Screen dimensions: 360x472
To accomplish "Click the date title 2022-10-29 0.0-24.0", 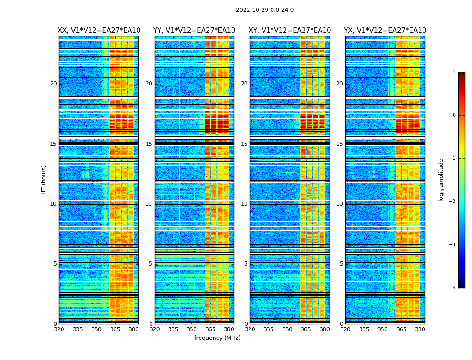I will pos(264,10).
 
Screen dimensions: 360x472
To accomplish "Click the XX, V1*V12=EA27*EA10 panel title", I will pos(99,31).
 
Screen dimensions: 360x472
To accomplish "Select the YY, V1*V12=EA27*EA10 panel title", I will pos(194,31).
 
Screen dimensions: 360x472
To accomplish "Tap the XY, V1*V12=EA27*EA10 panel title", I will pos(290,31).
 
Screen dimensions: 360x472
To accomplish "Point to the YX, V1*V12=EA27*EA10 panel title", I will pos(385,31).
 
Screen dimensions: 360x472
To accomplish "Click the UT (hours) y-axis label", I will pos(44,180).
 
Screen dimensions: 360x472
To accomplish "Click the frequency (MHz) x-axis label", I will pos(217,338).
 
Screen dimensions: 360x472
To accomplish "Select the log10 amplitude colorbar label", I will pos(441,180).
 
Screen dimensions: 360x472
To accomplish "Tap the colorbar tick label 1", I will pos(454,72).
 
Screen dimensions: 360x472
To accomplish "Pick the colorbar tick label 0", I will pos(454,115).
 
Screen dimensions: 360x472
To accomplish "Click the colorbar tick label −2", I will pos(453,202).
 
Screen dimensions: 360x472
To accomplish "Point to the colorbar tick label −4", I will pos(453,288).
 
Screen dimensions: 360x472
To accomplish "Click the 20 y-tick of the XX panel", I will pos(53,84).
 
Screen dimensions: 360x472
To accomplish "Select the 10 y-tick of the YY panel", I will pos(149,204).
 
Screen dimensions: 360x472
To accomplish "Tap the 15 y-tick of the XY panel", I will pos(244,144).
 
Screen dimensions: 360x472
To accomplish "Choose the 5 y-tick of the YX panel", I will pos(342,264).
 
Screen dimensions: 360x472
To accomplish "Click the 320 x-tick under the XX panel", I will pos(59,329).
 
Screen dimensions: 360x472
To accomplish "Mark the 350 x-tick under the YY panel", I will pos(192,329).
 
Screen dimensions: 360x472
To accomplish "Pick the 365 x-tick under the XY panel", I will pos(306,329).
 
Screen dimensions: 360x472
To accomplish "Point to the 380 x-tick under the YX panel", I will pos(420,329).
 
